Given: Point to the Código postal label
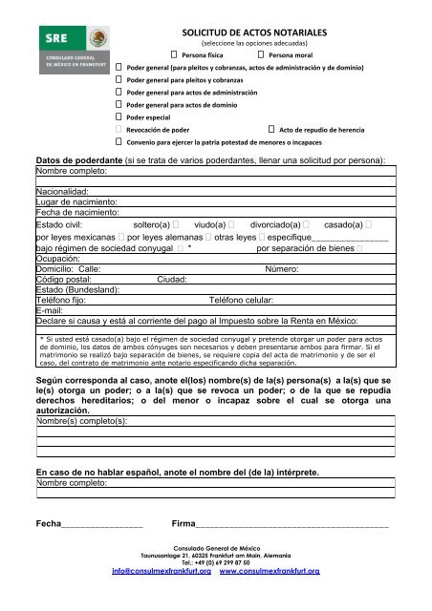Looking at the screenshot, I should coord(64,279).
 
